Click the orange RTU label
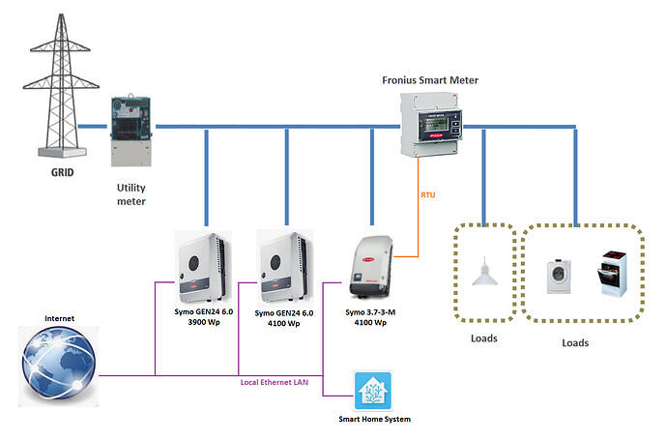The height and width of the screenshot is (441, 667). point(428,195)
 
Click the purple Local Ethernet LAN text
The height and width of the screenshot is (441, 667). point(274,383)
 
